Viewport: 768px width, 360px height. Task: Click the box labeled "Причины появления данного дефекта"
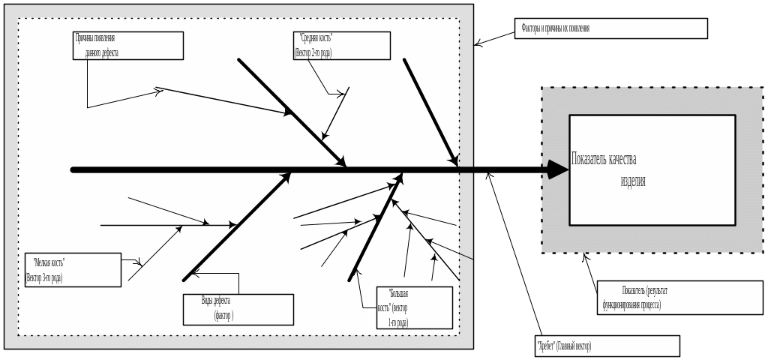pyautogui.click(x=128, y=45)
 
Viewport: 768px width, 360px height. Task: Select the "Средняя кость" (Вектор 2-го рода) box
pyautogui.click(x=342, y=45)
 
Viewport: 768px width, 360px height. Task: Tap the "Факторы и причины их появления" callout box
pyautogui.click(x=611, y=28)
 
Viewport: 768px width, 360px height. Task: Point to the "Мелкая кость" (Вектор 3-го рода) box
pyautogui.click(x=72, y=270)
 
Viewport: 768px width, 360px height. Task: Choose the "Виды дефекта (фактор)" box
pyautogui.click(x=238, y=309)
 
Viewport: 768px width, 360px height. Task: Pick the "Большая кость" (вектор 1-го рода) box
pyautogui.click(x=415, y=307)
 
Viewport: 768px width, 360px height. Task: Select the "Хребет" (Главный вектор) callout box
pyautogui.click(x=607, y=346)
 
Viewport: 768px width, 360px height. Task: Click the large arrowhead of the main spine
pyautogui.click(x=557, y=170)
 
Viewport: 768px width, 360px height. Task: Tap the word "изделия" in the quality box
pyautogui.click(x=633, y=181)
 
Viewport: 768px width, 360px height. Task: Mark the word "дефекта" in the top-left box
pyautogui.click(x=106, y=53)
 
